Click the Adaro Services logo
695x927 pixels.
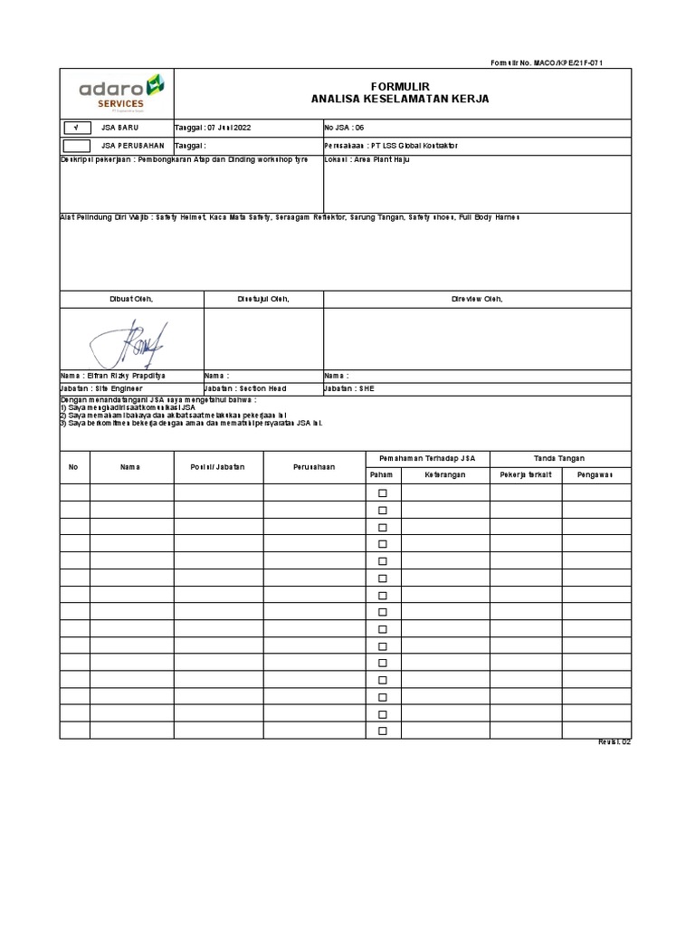[x=121, y=91]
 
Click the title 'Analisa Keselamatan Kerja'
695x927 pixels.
[x=399, y=99]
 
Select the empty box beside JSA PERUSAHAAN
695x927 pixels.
[x=77, y=145]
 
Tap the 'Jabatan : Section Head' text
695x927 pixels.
[x=245, y=388]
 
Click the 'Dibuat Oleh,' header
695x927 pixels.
[x=131, y=299]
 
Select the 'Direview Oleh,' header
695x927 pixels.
[x=477, y=299]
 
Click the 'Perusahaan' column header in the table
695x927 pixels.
[x=315, y=467]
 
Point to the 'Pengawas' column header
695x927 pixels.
[x=596, y=475]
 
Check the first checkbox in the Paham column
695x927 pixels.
[x=382, y=493]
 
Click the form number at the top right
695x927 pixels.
[x=547, y=62]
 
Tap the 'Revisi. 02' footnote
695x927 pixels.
[x=614, y=743]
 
